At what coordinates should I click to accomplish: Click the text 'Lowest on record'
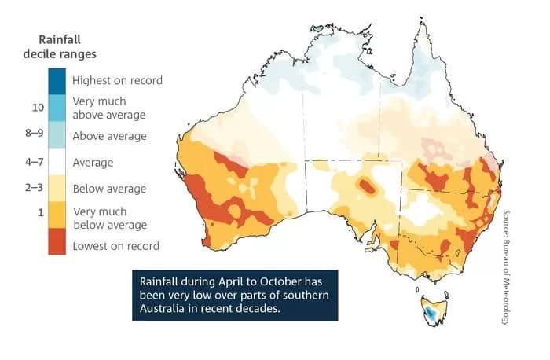tap(115, 246)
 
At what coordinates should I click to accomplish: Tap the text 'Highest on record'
tap(117, 80)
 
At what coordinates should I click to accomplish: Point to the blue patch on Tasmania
tap(431, 314)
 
